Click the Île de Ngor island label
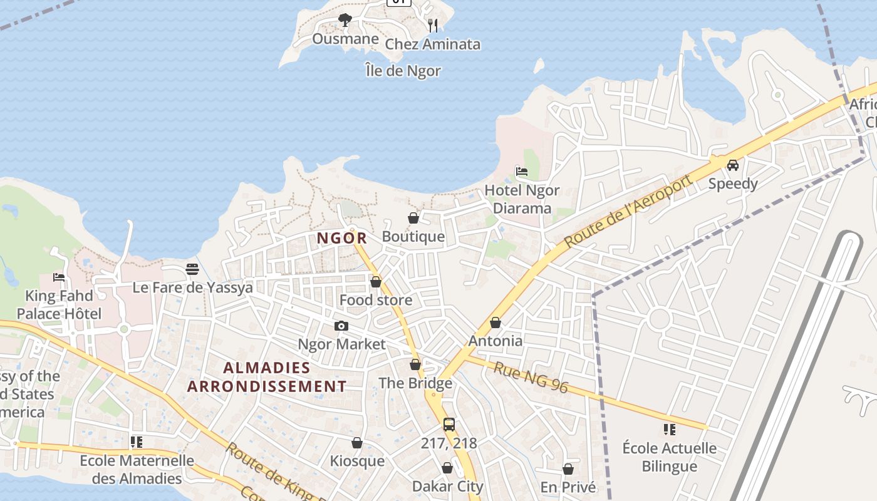(x=403, y=71)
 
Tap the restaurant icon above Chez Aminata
(x=432, y=25)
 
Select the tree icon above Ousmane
(x=345, y=20)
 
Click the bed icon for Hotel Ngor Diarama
(x=521, y=171)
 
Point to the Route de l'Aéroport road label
(x=629, y=211)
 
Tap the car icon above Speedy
(x=732, y=165)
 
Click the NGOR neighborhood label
(x=341, y=238)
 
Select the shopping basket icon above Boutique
(x=413, y=218)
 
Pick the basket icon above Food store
(x=376, y=282)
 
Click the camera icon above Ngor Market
(x=341, y=326)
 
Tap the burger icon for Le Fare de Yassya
(x=192, y=269)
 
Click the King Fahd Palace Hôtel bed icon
(x=59, y=277)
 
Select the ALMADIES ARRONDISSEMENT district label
(x=267, y=377)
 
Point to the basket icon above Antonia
(x=496, y=323)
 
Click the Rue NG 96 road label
(x=531, y=378)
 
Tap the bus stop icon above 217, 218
(x=449, y=425)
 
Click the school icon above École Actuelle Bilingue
(x=670, y=430)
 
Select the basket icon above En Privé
(x=568, y=469)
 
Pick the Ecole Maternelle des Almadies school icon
(x=137, y=442)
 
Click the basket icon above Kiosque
(x=357, y=443)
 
